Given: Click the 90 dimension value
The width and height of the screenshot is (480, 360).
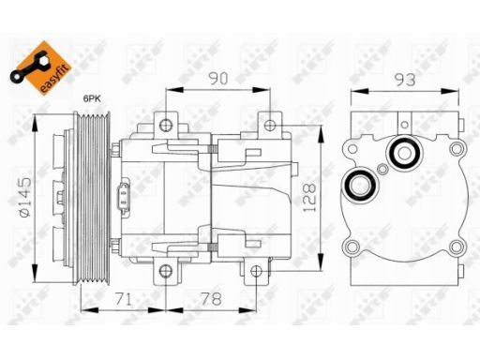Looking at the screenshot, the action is tap(218, 79).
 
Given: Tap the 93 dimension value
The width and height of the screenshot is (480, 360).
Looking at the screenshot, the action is tap(405, 80).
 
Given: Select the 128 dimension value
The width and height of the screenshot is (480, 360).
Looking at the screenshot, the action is tap(309, 198).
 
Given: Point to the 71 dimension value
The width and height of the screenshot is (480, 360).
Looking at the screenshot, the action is tap(124, 299).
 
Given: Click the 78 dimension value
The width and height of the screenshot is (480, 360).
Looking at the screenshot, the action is tap(212, 299).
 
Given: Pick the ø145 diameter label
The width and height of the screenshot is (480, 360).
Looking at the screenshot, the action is tap(25, 197).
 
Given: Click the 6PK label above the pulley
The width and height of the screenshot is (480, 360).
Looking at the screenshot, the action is tap(92, 99).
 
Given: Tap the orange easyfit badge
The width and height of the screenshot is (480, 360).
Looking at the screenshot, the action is tap(41, 67).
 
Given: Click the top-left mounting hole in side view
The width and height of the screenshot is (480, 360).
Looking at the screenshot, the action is tap(166, 125).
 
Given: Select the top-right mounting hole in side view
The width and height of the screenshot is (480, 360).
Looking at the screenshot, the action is tap(269, 125).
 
